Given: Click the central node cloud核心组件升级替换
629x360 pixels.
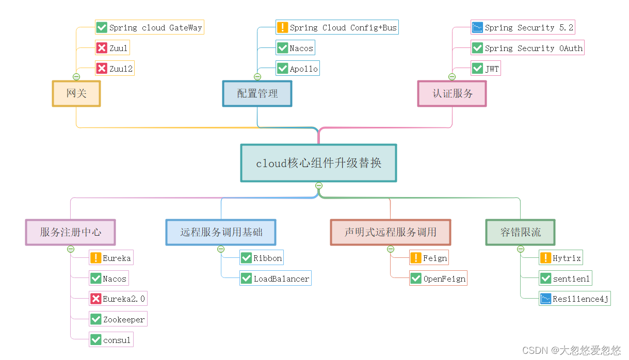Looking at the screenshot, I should point(318,163).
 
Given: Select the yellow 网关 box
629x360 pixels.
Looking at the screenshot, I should point(76,93).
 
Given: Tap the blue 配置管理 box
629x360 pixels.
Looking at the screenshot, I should point(257,93).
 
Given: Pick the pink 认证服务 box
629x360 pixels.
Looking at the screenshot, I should point(452,93).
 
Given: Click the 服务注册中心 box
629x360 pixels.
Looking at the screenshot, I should point(71,232).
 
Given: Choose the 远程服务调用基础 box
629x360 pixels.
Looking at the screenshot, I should point(221,232).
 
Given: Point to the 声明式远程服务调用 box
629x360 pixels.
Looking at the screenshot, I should point(390,232).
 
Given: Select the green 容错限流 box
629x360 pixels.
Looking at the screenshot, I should point(520,232).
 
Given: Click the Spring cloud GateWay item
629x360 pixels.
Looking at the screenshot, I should point(150,27).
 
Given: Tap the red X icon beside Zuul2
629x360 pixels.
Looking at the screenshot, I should point(102,69).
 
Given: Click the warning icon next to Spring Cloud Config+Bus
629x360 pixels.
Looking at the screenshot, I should point(282,27).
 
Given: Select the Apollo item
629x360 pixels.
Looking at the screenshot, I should point(297,69).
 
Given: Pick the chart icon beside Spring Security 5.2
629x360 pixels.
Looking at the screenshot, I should point(477,27).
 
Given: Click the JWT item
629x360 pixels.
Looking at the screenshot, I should point(486,69).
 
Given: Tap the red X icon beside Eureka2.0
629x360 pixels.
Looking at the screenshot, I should point(95,299).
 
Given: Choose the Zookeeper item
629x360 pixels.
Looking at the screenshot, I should point(118,319).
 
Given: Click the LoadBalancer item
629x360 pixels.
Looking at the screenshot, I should point(276,279).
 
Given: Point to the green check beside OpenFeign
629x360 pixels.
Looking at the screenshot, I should point(416,279).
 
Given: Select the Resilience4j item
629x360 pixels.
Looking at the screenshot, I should point(574,299).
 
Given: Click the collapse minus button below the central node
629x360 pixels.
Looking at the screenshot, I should point(319,186).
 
